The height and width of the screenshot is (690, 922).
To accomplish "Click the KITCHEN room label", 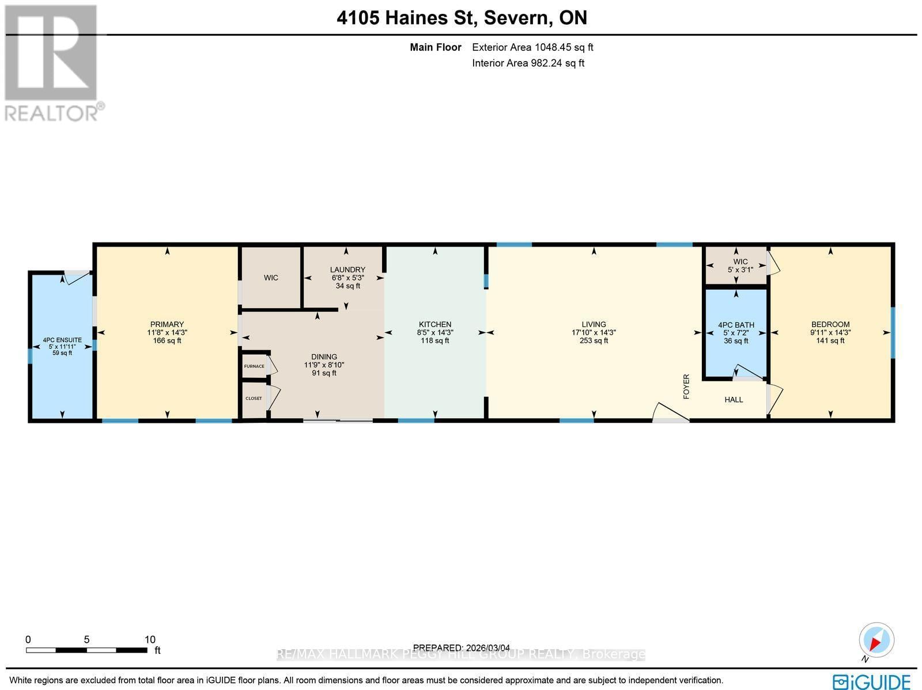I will [x=434, y=324].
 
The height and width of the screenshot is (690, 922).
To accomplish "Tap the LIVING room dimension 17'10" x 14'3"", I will [x=594, y=332].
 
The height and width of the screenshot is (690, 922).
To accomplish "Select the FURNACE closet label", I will [x=254, y=366].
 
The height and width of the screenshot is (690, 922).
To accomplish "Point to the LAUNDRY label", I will [x=347, y=270].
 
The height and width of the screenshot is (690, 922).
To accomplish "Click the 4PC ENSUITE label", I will [x=62, y=340].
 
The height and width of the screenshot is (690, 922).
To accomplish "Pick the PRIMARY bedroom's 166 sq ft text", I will [x=167, y=340].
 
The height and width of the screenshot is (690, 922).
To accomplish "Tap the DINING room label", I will [x=324, y=357].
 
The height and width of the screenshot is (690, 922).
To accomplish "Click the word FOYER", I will [x=686, y=386].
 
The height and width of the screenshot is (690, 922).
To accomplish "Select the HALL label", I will [x=734, y=399].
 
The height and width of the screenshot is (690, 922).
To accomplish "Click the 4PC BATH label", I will [x=736, y=325].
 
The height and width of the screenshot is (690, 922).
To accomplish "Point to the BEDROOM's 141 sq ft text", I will [x=830, y=340].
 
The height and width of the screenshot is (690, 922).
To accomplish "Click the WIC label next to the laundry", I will [x=271, y=278].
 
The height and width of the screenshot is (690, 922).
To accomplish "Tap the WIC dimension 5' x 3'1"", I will [x=740, y=269].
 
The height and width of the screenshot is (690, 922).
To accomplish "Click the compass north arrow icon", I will [x=876, y=641].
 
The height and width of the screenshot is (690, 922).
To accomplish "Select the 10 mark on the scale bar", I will [x=150, y=639].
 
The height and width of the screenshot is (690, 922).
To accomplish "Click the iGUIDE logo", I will [x=872, y=681].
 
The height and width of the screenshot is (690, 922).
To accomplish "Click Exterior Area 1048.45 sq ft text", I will [x=532, y=47].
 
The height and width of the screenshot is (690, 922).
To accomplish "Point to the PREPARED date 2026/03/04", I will [x=462, y=648].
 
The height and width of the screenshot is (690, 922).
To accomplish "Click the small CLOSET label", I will [x=254, y=399].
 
